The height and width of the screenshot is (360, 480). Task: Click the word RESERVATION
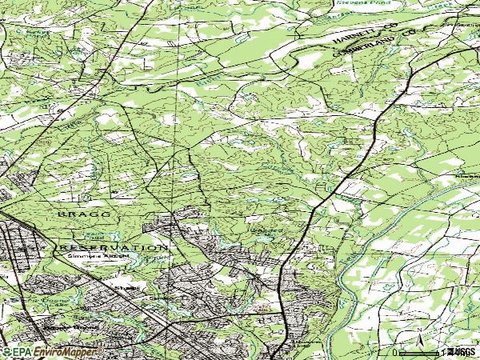coord(111,247)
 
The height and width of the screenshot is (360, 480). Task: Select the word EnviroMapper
coord(64,351)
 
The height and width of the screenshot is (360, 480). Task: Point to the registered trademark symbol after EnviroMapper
coord(101,349)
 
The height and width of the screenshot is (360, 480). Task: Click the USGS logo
coord(462,352)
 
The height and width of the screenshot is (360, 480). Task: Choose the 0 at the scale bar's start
coord(394,353)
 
